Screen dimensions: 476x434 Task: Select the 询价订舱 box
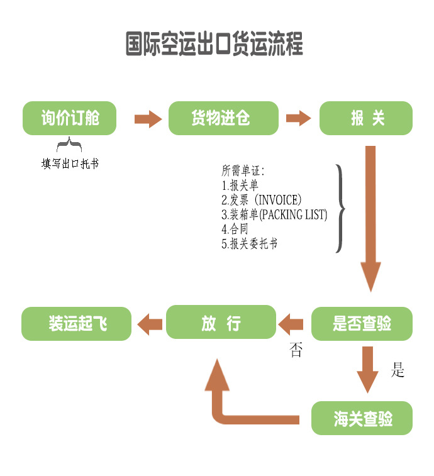pos(70,118)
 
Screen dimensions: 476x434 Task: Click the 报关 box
pos(366,118)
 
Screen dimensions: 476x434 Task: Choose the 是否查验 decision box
pos(362,324)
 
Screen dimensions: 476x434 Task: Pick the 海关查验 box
pos(362,418)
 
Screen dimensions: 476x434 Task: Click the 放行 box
pos(221,323)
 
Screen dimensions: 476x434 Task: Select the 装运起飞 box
pos(77,324)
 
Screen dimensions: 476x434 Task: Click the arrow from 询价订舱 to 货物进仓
pos(148,118)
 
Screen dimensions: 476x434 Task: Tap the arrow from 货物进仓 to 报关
pos(299,118)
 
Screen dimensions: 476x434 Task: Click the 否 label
pos(296,351)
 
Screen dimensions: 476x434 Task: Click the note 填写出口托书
pos(70,164)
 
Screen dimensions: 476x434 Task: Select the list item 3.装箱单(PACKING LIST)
pos(274,214)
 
